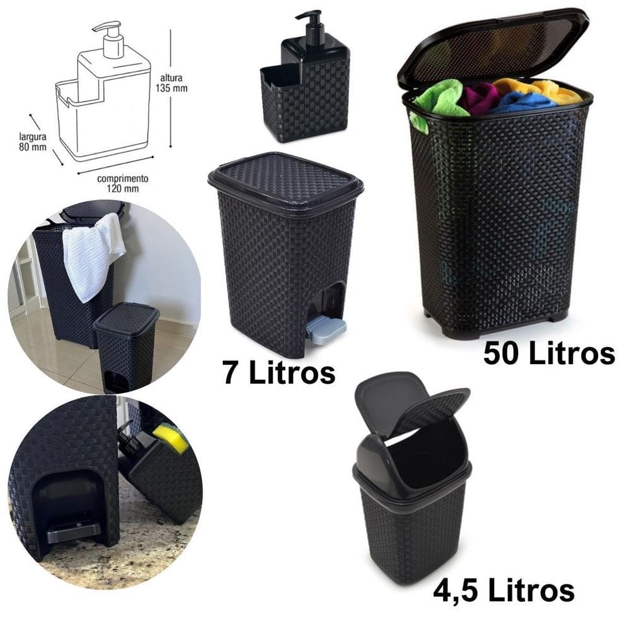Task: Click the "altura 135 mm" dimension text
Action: point(171,83)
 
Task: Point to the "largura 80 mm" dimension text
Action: point(33,142)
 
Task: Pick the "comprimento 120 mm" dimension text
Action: point(122,183)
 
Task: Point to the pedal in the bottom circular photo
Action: point(72,531)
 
